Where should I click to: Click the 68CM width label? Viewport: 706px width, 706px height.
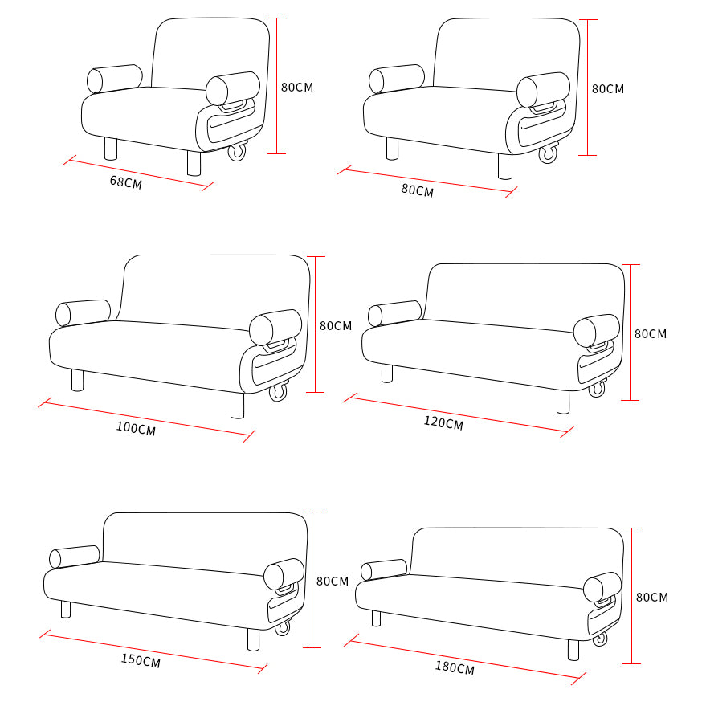click(x=125, y=182)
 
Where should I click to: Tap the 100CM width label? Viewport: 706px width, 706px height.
click(x=136, y=428)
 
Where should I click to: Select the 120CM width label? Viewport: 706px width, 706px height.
click(x=443, y=422)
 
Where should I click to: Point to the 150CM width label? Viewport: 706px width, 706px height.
click(x=141, y=660)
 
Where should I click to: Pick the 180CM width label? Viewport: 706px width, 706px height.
click(x=455, y=667)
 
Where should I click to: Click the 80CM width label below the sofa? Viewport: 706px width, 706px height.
click(x=418, y=190)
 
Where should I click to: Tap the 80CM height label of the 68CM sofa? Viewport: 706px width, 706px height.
click(x=297, y=87)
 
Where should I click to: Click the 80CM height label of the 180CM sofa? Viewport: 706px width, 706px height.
click(x=652, y=597)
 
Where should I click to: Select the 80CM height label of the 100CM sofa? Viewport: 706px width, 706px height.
click(x=336, y=325)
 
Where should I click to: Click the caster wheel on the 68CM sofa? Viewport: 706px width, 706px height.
click(x=237, y=152)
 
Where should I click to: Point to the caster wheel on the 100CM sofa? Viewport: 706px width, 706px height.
click(x=278, y=391)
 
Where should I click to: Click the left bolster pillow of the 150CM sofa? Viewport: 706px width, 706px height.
click(x=74, y=557)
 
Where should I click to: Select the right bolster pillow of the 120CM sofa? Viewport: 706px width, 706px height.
click(x=597, y=330)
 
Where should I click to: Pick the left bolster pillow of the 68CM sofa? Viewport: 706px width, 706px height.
click(x=114, y=79)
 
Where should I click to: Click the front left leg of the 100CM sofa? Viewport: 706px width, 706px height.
click(x=77, y=381)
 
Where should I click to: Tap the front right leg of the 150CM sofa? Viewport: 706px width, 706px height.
click(x=254, y=639)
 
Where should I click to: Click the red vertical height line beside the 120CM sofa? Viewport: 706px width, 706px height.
click(x=631, y=333)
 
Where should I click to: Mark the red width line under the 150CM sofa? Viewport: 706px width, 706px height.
click(x=153, y=651)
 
